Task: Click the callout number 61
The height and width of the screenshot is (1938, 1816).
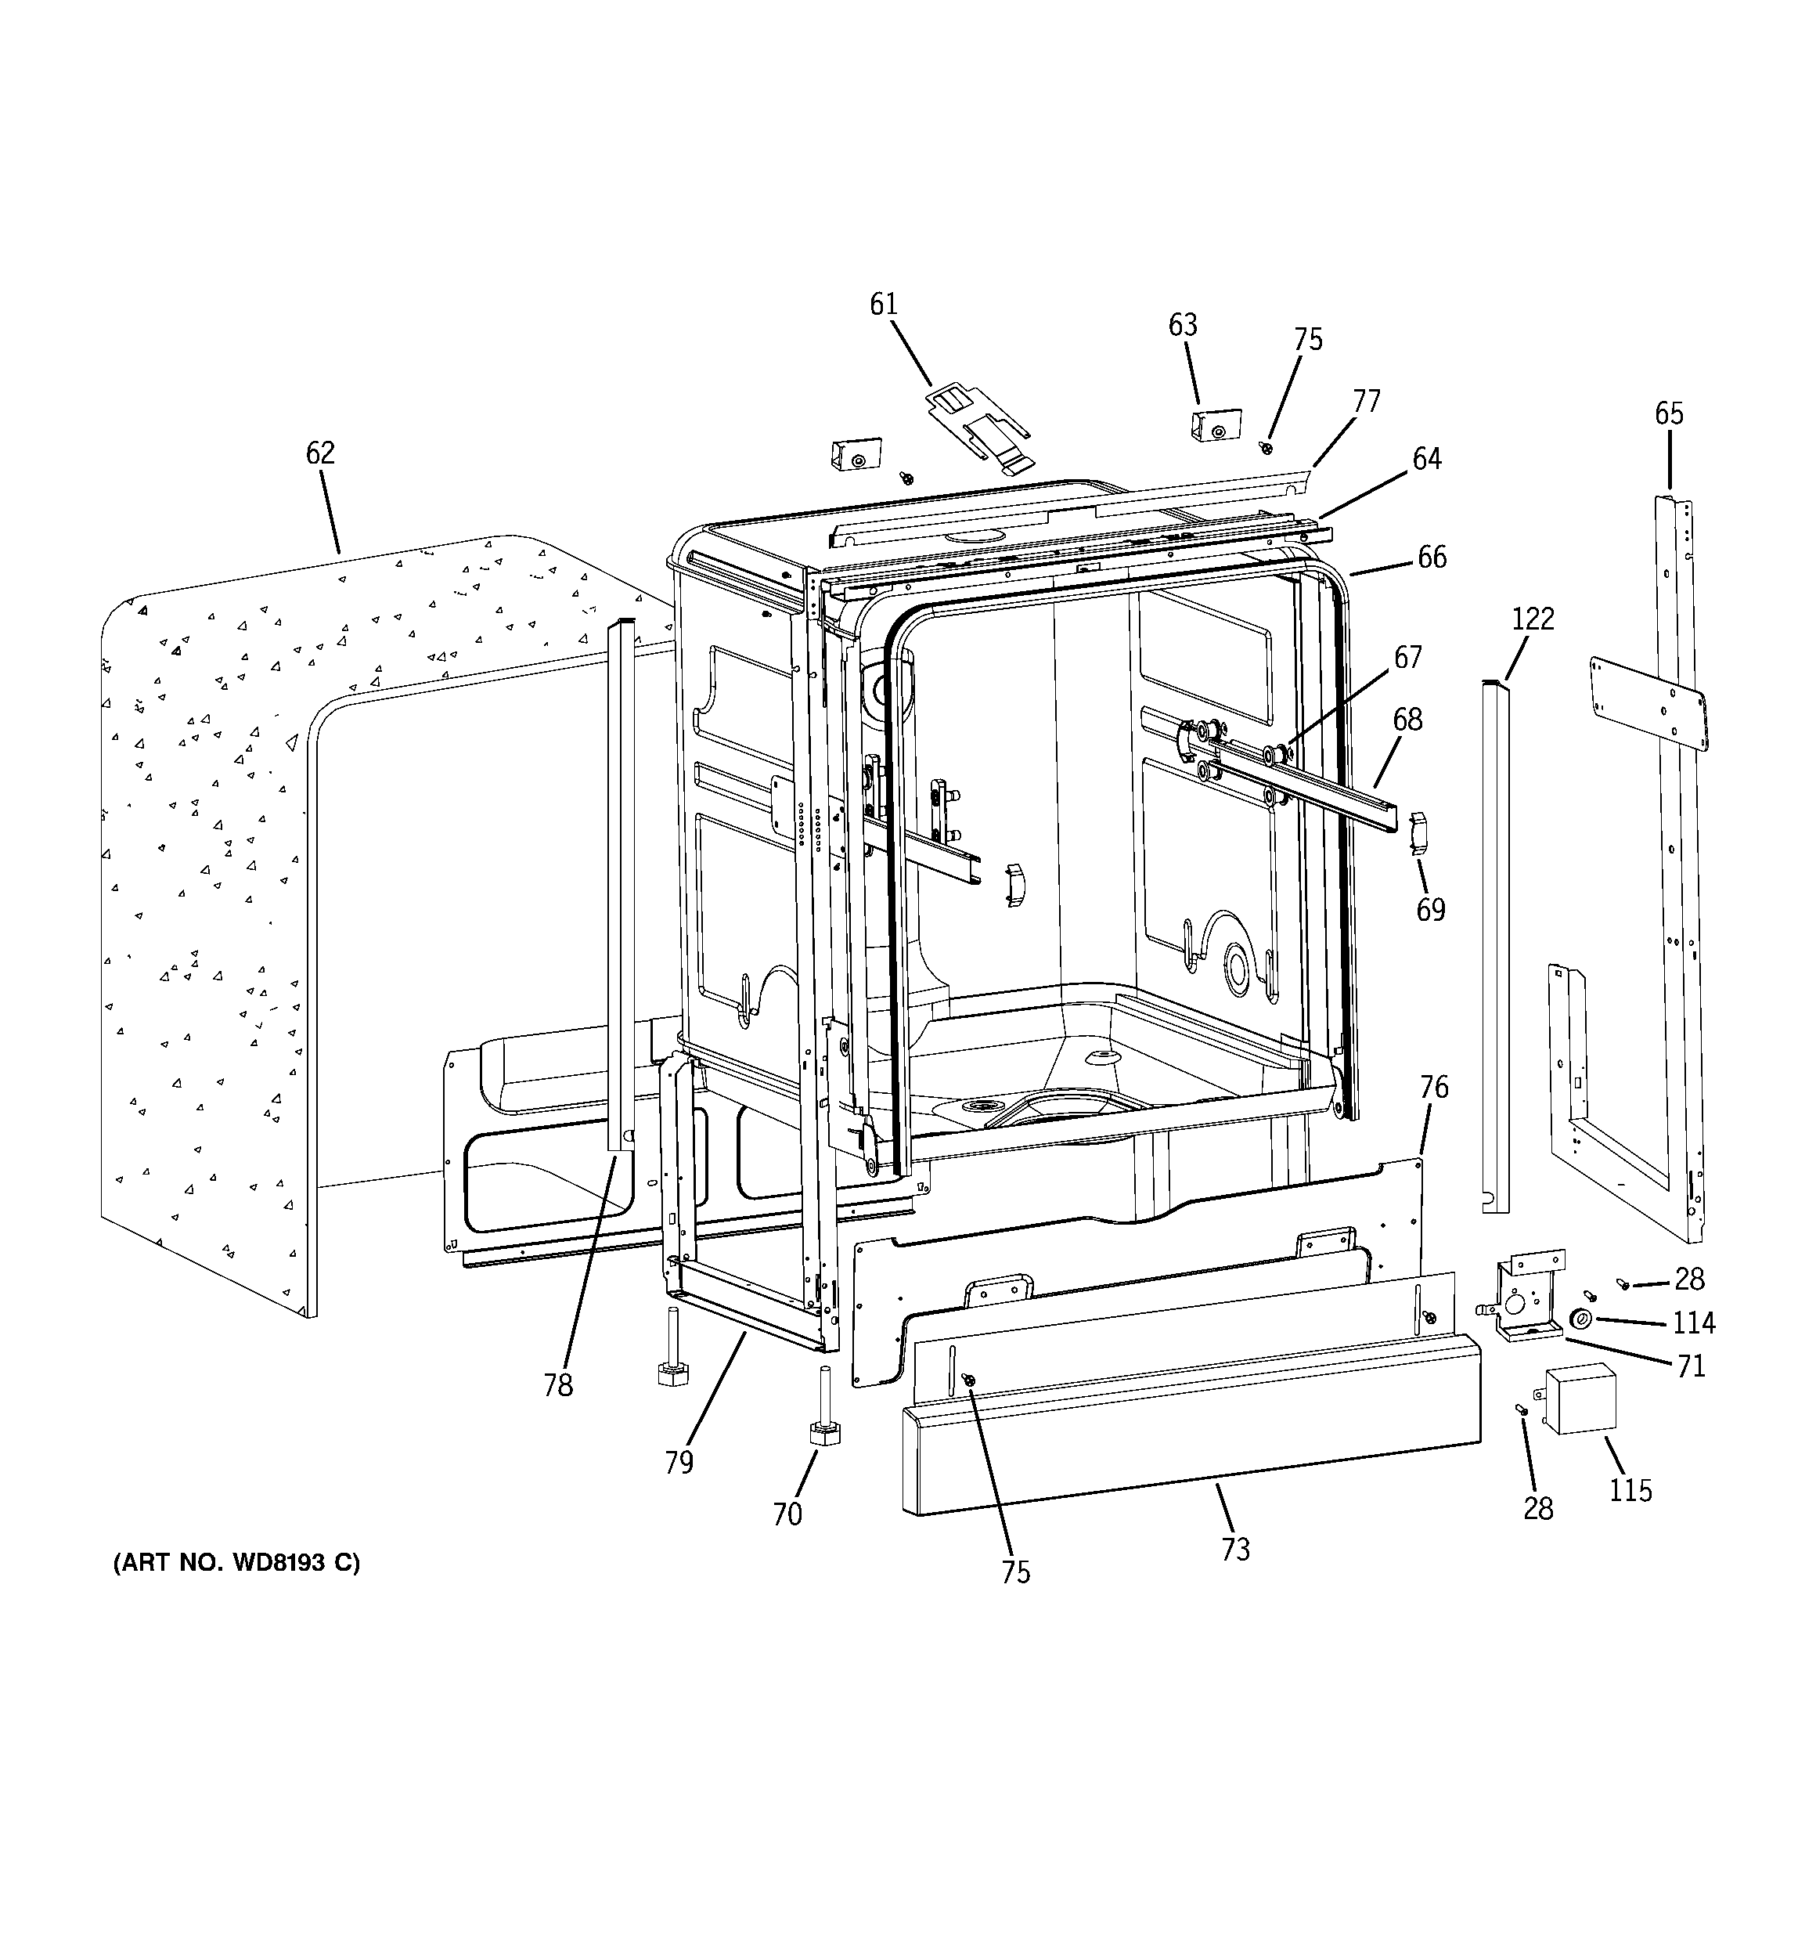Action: pos(883,305)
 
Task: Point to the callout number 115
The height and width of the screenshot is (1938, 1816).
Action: pos(1630,1491)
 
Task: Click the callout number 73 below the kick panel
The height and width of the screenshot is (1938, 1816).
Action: pos(1235,1549)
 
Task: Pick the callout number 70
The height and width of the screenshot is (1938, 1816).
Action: pos(787,1514)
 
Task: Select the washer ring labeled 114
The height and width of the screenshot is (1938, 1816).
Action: pos(1580,1321)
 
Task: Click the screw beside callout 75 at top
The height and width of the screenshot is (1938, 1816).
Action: pos(1267,446)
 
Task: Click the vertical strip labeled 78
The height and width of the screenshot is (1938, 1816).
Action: pos(620,887)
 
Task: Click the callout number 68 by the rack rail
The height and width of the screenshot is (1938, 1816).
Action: pos(1407,720)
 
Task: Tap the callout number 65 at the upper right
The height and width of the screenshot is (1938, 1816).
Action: pos(1668,413)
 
